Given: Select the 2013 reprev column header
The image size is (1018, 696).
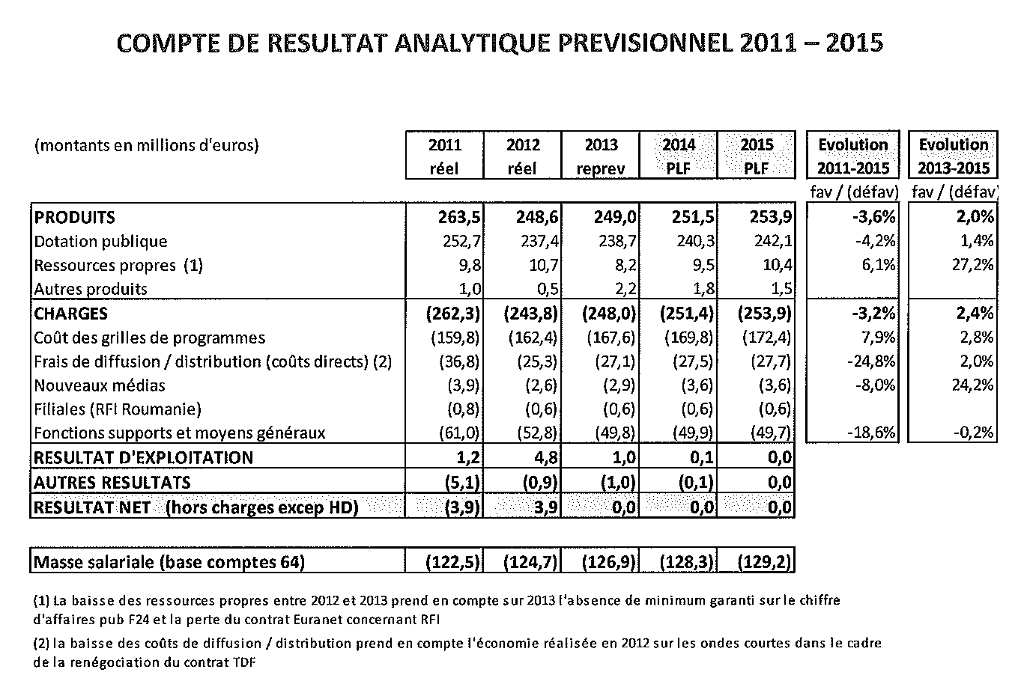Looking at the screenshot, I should coord(601,156).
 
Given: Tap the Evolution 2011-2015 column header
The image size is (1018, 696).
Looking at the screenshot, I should coord(852,156).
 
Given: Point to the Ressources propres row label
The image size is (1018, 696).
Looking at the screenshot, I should coord(118,265).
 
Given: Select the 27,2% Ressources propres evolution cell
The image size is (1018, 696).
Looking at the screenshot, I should coord(972,265).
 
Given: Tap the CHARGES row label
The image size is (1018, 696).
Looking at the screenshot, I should coord(71,314).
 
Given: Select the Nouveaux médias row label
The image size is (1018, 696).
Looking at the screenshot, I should coord(100,385).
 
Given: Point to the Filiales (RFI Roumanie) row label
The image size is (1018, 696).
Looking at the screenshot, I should coord(118,409).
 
